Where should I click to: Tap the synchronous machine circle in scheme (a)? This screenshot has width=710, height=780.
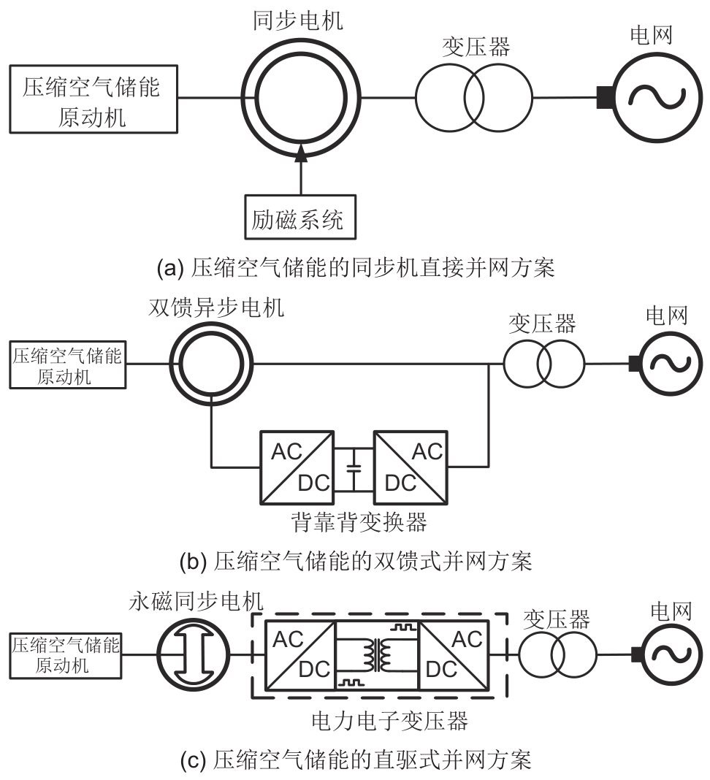pos(301,97)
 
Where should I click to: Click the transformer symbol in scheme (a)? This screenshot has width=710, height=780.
pos(474,97)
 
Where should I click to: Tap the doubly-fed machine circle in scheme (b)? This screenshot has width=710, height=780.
pos(211,363)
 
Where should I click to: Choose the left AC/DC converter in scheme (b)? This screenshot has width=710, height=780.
pos(297,467)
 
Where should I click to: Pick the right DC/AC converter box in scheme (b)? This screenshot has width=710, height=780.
pos(411,467)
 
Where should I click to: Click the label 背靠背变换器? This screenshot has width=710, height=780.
pos(354,522)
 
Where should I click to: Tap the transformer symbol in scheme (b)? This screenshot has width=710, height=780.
pos(543,363)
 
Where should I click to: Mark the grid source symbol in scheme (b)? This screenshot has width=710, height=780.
pos(666,363)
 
